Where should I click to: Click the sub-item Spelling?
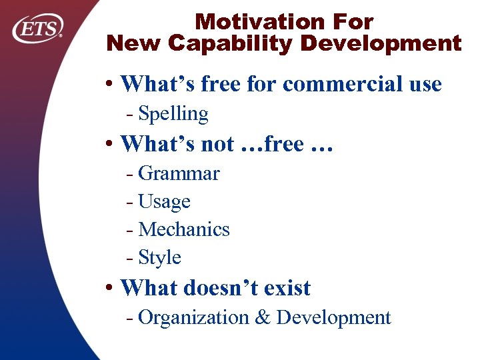pyautogui.click(x=173, y=114)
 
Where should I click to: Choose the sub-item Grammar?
pyautogui.click(x=179, y=174)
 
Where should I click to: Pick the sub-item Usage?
pyautogui.click(x=164, y=201)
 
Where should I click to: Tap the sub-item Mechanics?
pyautogui.click(x=184, y=229)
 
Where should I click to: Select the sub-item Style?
pyautogui.click(x=159, y=257)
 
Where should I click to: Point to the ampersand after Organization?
pyautogui.click(x=263, y=318)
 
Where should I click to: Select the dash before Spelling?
pyautogui.click(x=129, y=115)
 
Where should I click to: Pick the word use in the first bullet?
pyautogui.click(x=423, y=85)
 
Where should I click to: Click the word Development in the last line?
pyautogui.click(x=333, y=318)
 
